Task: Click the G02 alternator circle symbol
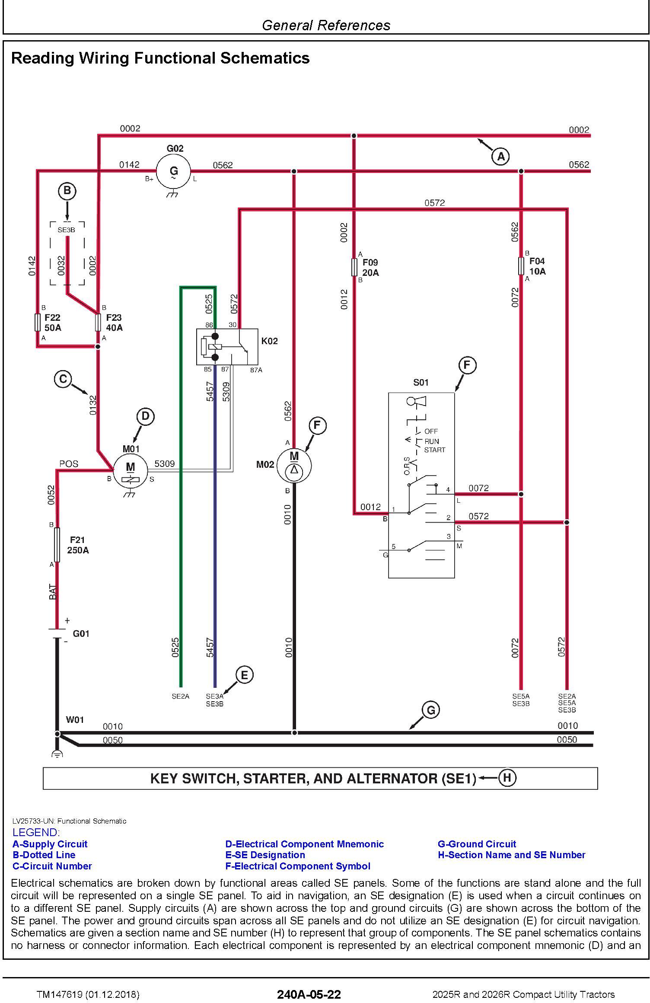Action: pyautogui.click(x=173, y=171)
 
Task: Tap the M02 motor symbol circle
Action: pyautogui.click(x=294, y=466)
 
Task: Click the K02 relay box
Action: pyautogui.click(x=227, y=347)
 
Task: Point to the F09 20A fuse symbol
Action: pyautogui.click(x=354, y=267)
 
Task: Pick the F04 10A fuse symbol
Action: pyautogui.click(x=521, y=266)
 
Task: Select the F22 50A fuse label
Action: pyautogui.click(x=53, y=323)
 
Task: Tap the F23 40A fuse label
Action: pyautogui.click(x=115, y=323)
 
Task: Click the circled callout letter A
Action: pyautogui.click(x=500, y=156)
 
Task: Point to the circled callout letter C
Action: pyautogui.click(x=63, y=379)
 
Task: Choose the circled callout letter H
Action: pyautogui.click(x=507, y=778)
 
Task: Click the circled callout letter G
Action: pyautogui.click(x=430, y=710)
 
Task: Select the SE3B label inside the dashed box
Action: pyautogui.click(x=66, y=230)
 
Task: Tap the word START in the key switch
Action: pyautogui.click(x=434, y=450)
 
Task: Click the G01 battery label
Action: pyautogui.click(x=81, y=634)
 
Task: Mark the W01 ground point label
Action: pyautogui.click(x=75, y=720)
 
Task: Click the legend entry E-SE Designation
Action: pyautogui.click(x=265, y=855)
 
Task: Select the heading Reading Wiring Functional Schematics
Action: pyautogui.click(x=160, y=58)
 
